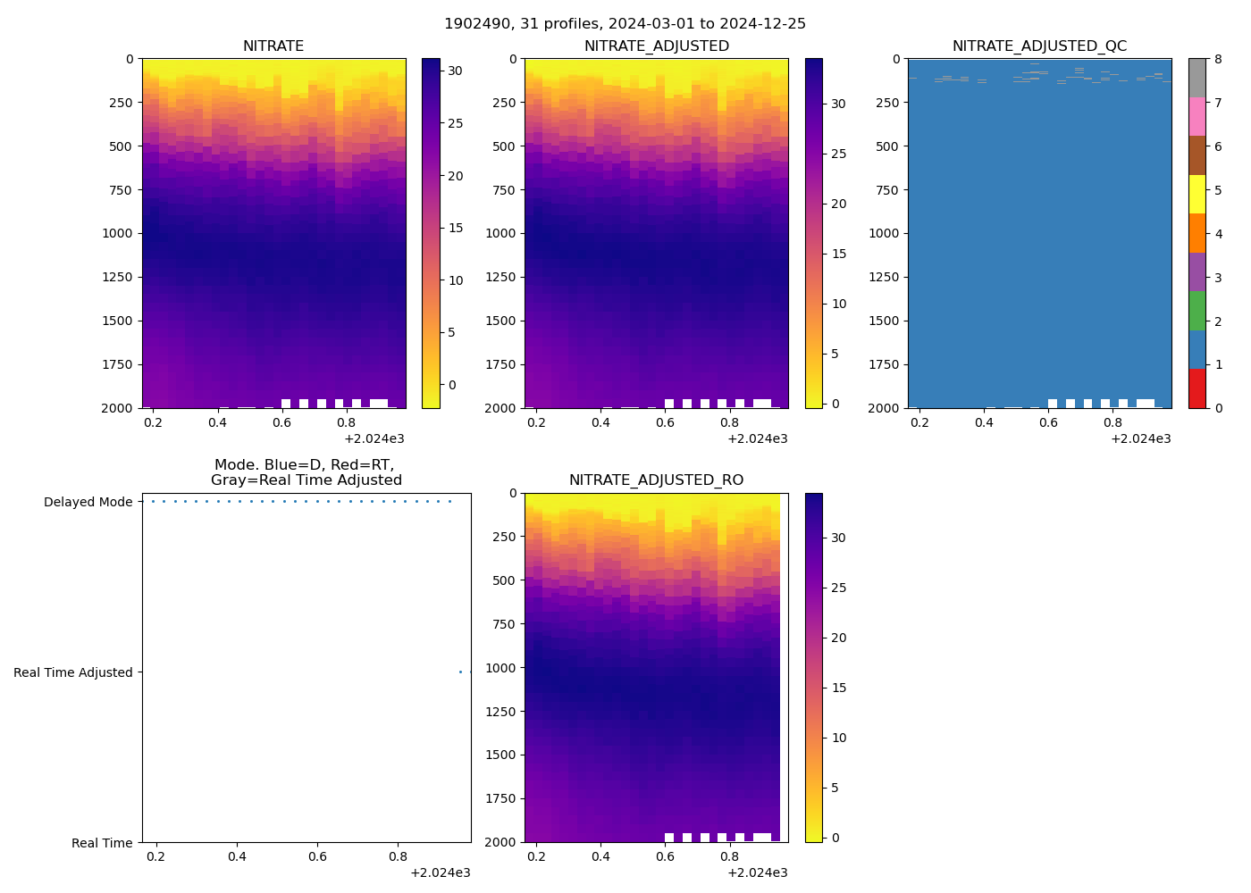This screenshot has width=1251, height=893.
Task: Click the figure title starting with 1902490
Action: (x=625, y=24)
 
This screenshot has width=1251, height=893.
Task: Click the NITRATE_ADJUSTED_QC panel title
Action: (x=1039, y=46)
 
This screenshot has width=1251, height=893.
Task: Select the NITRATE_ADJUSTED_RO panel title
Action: (x=656, y=480)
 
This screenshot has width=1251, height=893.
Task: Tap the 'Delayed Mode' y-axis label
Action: (x=88, y=502)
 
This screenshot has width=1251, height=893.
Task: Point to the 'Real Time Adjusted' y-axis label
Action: (x=73, y=672)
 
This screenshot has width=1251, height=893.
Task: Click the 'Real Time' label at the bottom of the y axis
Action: (x=102, y=843)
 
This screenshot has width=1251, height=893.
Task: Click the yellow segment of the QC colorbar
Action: (x=1196, y=195)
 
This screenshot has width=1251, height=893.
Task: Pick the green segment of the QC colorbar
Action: (x=1196, y=311)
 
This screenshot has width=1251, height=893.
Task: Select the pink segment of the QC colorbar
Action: (x=1196, y=117)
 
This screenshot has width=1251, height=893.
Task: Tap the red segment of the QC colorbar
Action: (x=1196, y=388)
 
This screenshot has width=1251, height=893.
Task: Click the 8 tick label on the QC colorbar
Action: (x=1217, y=59)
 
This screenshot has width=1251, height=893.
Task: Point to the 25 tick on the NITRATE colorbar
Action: (x=455, y=123)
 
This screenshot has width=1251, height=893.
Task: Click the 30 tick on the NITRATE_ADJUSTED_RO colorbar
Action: (x=838, y=538)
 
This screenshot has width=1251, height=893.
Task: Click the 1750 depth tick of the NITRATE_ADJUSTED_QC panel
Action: (x=885, y=364)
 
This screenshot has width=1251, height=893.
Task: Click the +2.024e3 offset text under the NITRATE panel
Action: (x=374, y=438)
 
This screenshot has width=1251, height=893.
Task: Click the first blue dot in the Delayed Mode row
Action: (x=153, y=502)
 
